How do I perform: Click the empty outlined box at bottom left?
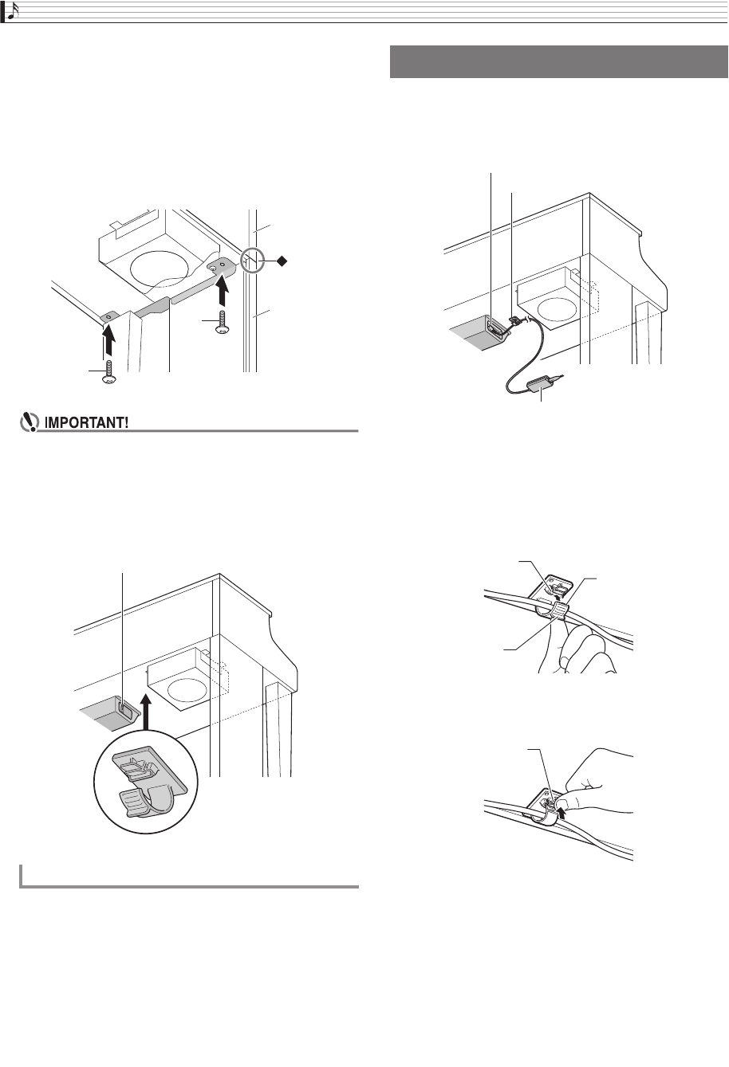tap(188, 875)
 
